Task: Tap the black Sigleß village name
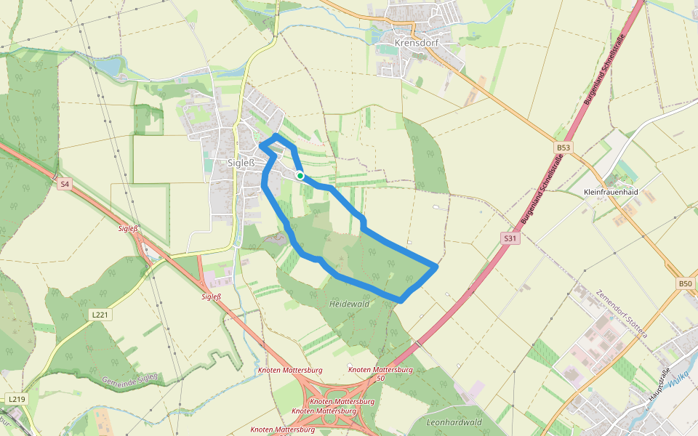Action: (x=241, y=163)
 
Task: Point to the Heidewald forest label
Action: (x=349, y=304)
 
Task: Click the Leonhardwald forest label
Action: (x=454, y=422)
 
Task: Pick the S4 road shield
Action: (x=65, y=185)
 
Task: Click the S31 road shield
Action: (x=510, y=238)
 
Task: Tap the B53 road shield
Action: (x=563, y=148)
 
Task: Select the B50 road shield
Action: (x=685, y=283)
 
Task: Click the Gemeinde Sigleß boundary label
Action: (x=130, y=379)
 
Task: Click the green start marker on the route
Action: (x=300, y=175)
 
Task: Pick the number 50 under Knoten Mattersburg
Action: (x=380, y=379)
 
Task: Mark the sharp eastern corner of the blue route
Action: (x=436, y=267)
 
